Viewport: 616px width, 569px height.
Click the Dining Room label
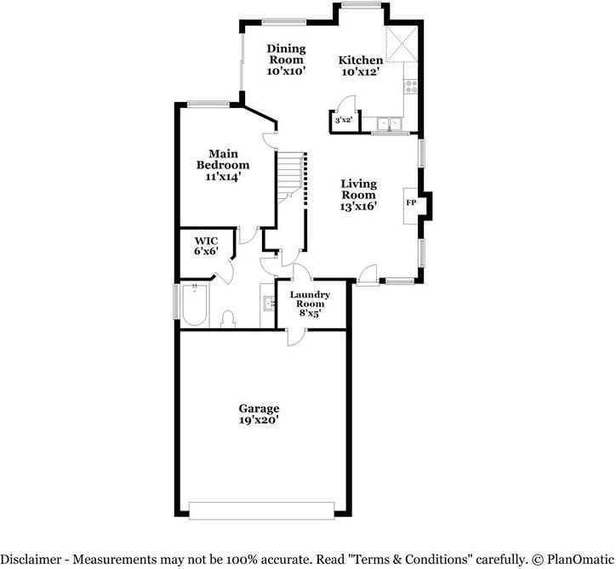pyautogui.click(x=286, y=54)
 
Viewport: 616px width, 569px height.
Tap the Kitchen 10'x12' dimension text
pyautogui.click(x=361, y=72)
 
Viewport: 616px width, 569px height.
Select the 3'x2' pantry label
pyautogui.click(x=343, y=122)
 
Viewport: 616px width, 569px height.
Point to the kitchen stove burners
pyautogui.click(x=411, y=85)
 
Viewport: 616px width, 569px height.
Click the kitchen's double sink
pyautogui.click(x=390, y=124)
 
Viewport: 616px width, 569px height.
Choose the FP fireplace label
pyautogui.click(x=411, y=203)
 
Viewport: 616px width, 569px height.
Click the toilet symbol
pyautogui.click(x=228, y=319)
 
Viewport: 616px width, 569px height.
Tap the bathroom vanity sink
pyautogui.click(x=268, y=303)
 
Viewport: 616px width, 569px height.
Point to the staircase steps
pyautogui.click(x=291, y=179)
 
